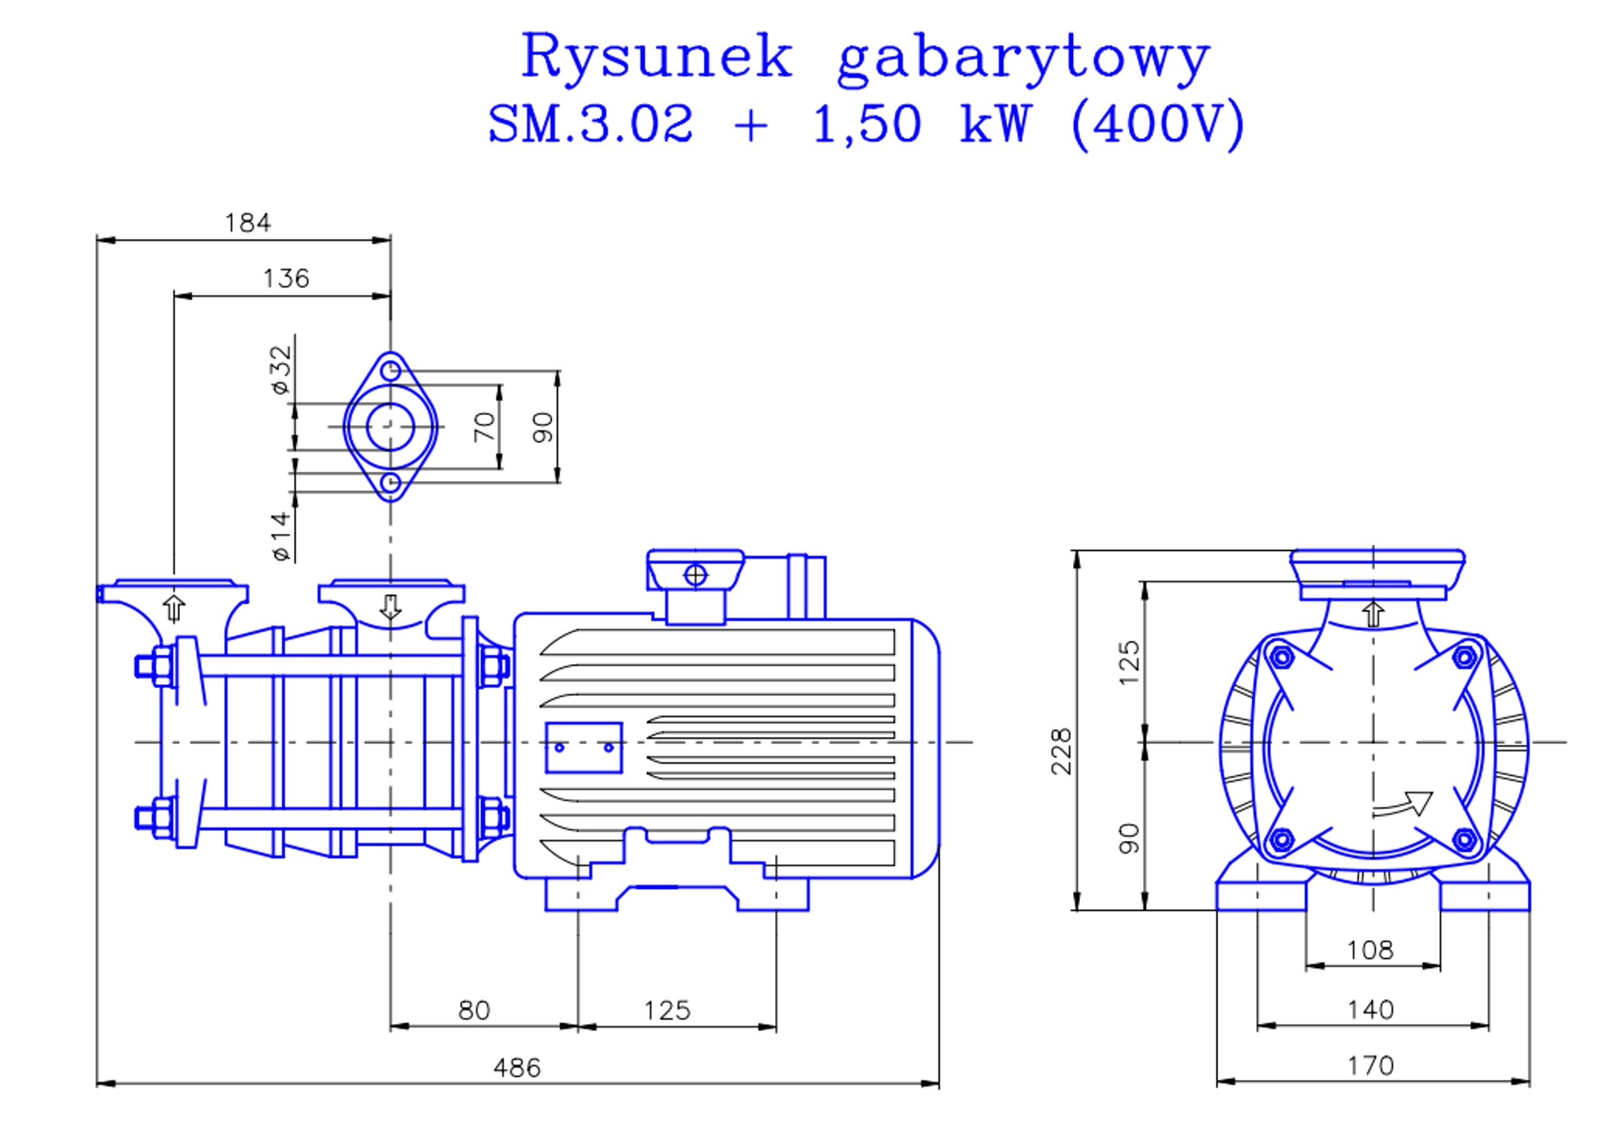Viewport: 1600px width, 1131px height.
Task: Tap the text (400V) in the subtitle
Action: tap(1157, 124)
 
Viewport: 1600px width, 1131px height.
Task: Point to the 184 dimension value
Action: tap(247, 223)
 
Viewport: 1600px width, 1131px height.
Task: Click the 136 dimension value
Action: tap(286, 279)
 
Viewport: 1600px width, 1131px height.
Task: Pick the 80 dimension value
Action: tap(474, 1010)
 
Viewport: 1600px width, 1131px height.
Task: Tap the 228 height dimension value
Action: tap(1061, 751)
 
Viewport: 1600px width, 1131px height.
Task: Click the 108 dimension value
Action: tap(1370, 950)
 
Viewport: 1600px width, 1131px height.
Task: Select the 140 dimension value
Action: tap(1371, 1009)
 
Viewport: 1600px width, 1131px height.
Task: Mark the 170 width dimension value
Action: tap(1371, 1065)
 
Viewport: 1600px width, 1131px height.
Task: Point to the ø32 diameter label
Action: tap(281, 369)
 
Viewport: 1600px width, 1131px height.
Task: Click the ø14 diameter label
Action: tap(281, 536)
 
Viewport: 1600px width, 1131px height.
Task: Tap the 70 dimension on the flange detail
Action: tap(484, 427)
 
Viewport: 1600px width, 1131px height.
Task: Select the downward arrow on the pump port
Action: tap(391, 607)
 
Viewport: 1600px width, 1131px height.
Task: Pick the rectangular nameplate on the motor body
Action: tap(584, 748)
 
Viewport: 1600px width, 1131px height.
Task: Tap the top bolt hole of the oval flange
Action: tap(391, 370)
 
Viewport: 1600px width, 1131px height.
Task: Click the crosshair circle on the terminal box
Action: tap(696, 575)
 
